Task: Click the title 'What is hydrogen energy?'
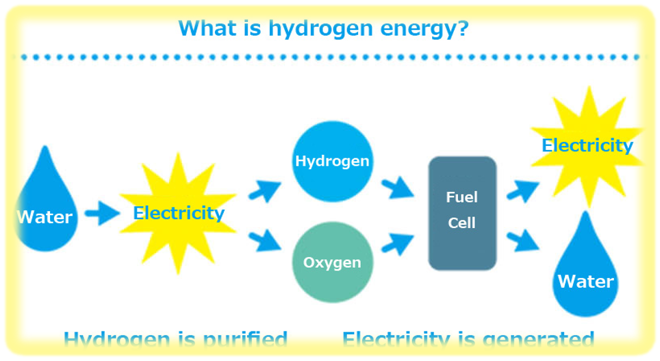tap(323, 29)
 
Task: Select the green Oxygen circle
tap(332, 262)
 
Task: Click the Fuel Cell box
tap(461, 213)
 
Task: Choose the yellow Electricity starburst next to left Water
tap(178, 213)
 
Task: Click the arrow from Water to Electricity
tap(103, 214)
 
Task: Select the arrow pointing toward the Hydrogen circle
tap(265, 191)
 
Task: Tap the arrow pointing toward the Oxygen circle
tap(265, 240)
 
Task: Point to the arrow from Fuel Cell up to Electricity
tap(524, 188)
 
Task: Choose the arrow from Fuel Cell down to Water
tap(524, 240)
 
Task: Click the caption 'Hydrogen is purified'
tap(175, 340)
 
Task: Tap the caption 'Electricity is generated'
tap(468, 340)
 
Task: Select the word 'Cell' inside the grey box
tap(461, 223)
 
